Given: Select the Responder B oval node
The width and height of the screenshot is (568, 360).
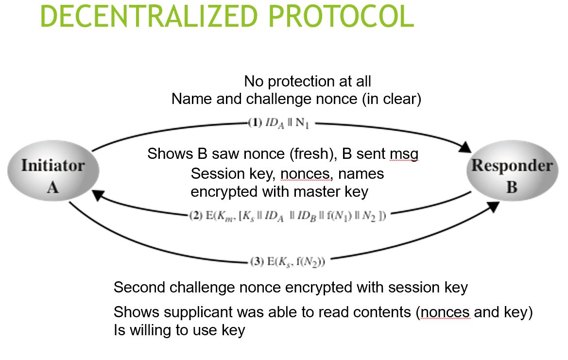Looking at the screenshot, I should point(512,176).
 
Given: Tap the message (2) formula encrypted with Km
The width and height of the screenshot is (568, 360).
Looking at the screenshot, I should point(287,216).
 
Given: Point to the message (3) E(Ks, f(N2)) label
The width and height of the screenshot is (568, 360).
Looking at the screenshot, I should point(287,262).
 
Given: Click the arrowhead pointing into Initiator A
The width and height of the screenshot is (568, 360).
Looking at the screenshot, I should point(99,195).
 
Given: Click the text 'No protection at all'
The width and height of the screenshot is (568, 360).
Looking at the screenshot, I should point(307,81).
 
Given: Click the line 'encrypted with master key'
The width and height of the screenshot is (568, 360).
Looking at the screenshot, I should point(279,191).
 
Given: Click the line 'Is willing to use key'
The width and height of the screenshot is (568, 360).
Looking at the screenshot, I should point(179,330).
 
